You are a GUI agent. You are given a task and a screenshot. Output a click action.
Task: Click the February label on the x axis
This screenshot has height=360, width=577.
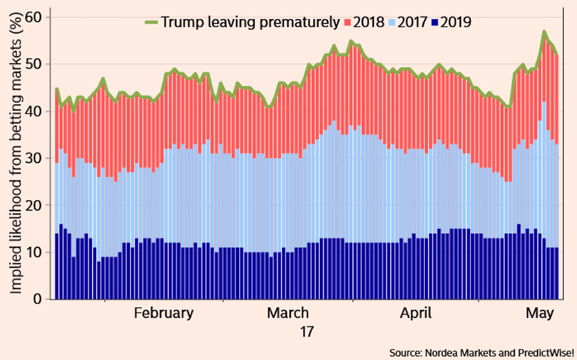pyautogui.click(x=164, y=313)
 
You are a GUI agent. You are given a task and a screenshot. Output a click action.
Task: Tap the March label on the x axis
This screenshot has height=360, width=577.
pyautogui.click(x=288, y=313)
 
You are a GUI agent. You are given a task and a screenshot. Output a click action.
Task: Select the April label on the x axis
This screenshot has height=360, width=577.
pyautogui.click(x=415, y=313)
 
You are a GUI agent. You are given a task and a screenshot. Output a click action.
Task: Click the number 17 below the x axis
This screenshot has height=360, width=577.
pyautogui.click(x=306, y=331)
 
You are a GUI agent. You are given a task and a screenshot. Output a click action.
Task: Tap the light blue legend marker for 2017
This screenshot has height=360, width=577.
pyautogui.click(x=395, y=22)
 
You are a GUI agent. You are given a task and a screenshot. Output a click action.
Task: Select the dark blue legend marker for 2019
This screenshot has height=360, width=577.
pyautogui.click(x=443, y=22)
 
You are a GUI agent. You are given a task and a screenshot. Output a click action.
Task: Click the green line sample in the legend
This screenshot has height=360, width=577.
pyautogui.click(x=151, y=22)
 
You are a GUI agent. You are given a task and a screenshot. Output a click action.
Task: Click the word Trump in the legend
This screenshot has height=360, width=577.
pyautogui.click(x=181, y=22)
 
